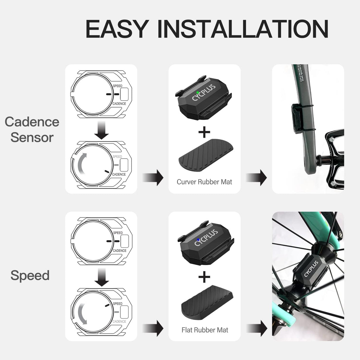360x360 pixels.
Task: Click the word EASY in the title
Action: pyautogui.click(x=117, y=29)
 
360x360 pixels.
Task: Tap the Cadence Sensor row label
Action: pyautogui.click(x=32, y=130)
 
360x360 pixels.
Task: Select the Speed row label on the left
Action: pyautogui.click(x=30, y=275)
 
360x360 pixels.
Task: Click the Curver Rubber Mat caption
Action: pyautogui.click(x=204, y=182)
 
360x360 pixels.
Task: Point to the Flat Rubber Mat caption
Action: pyautogui.click(x=205, y=330)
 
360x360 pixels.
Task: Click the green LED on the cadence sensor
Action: pyautogui.click(x=198, y=93)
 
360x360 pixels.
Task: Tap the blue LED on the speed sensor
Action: pyautogui.click(x=198, y=240)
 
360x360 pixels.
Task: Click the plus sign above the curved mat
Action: pyautogui.click(x=204, y=132)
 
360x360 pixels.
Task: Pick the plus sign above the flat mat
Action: pyautogui.click(x=204, y=277)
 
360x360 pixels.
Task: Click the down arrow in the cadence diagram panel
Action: pyautogui.click(x=101, y=130)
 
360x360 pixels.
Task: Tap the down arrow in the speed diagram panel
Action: pyautogui.click(x=101, y=277)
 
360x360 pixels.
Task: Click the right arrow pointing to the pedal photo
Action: pyautogui.click(x=257, y=178)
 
